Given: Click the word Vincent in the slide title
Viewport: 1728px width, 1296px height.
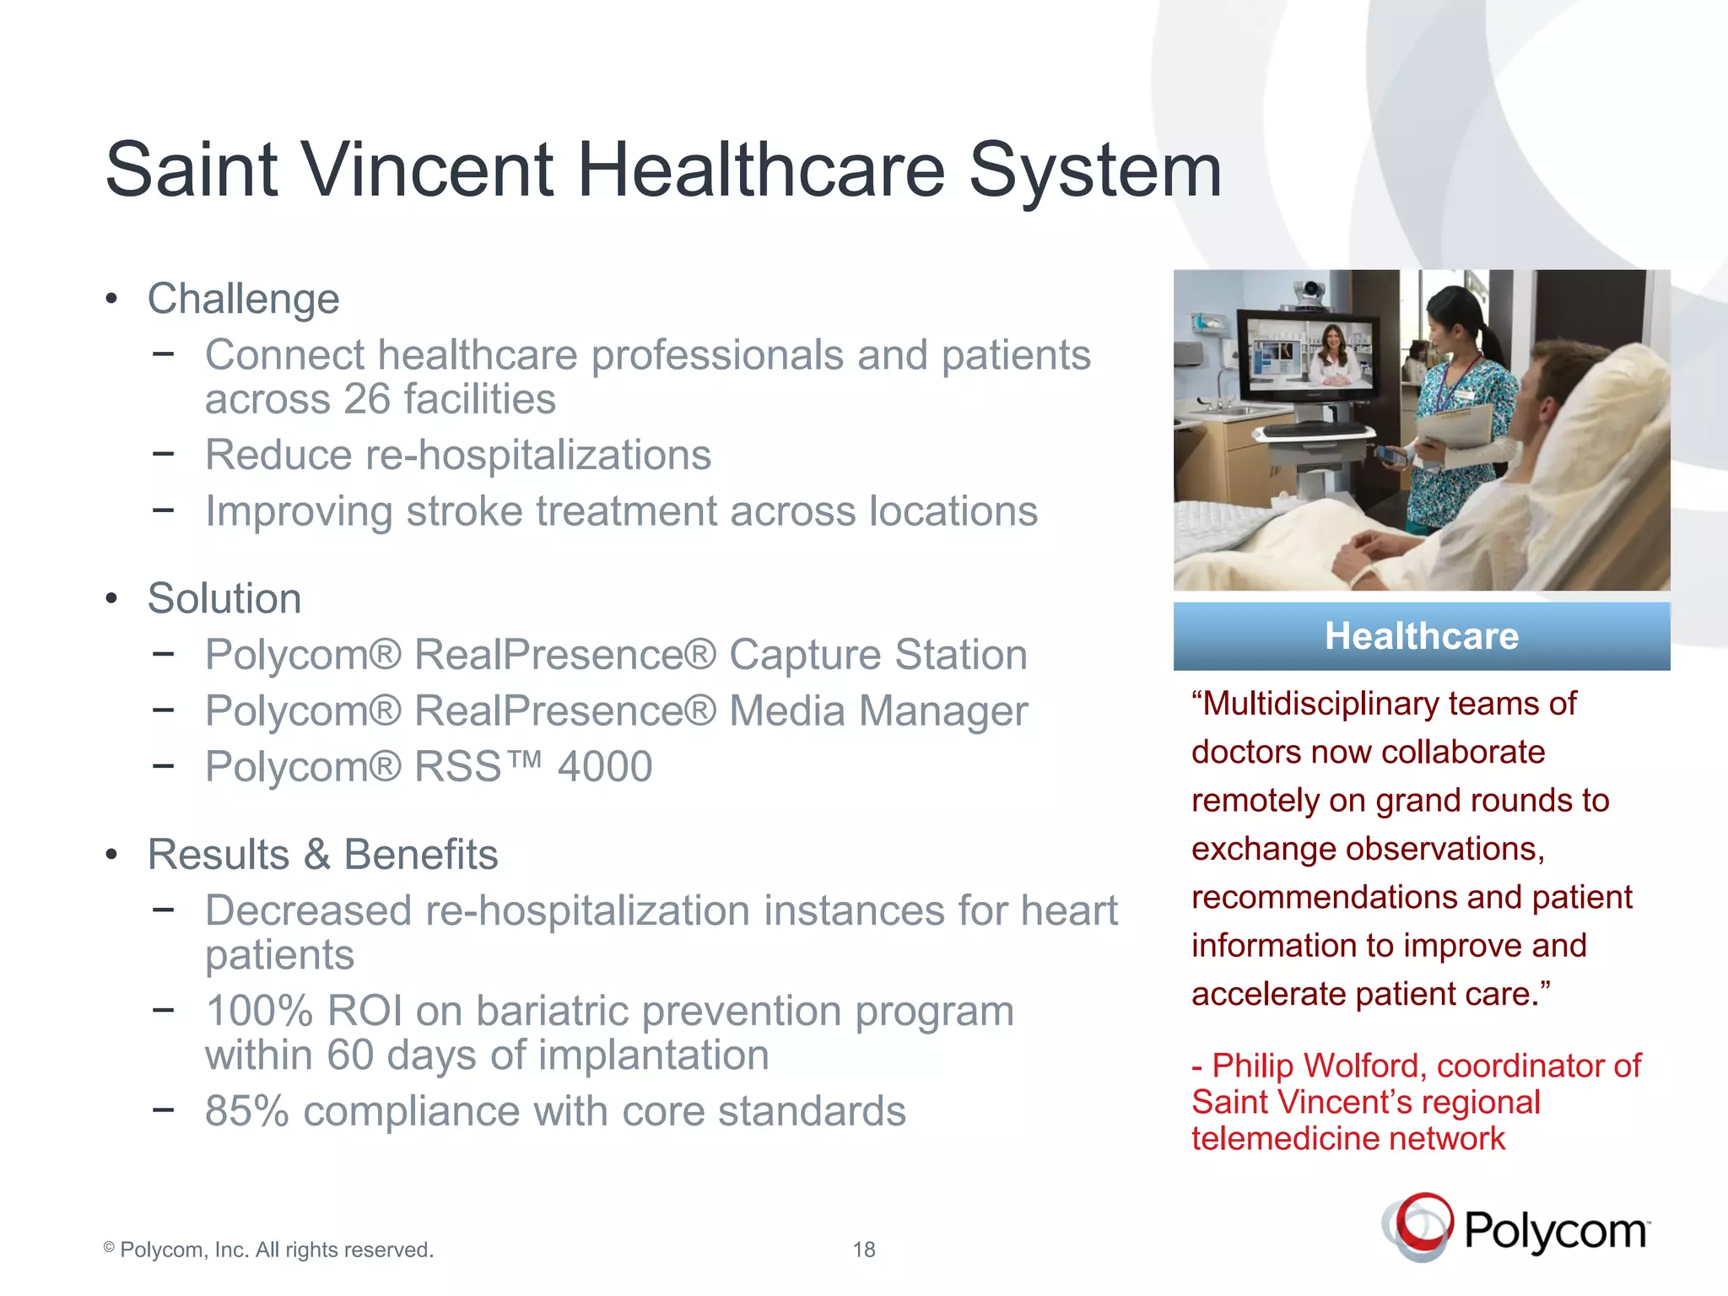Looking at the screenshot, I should (428, 171).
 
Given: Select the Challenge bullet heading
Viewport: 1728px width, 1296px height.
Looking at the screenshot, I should (243, 299).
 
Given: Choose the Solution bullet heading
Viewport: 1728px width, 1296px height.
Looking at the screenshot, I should (224, 599).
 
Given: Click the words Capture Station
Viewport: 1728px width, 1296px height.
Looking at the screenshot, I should (877, 656).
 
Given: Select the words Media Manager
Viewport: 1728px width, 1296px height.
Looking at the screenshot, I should (877, 711).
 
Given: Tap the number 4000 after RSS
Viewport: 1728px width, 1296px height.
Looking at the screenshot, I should (604, 767).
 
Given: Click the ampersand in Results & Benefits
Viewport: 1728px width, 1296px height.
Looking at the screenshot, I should (316, 855).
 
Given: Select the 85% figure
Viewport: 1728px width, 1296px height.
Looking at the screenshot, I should (246, 1111).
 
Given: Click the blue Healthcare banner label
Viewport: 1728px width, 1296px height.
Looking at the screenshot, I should (1421, 636).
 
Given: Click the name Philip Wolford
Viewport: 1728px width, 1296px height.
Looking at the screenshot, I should (1318, 1066).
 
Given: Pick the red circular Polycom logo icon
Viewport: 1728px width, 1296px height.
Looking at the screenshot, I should (1421, 1226).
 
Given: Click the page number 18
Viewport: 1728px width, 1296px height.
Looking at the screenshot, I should (863, 1250).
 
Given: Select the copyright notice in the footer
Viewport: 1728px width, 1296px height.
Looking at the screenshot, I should (268, 1250).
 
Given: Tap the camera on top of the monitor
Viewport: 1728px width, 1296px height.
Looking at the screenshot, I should (1310, 292).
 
